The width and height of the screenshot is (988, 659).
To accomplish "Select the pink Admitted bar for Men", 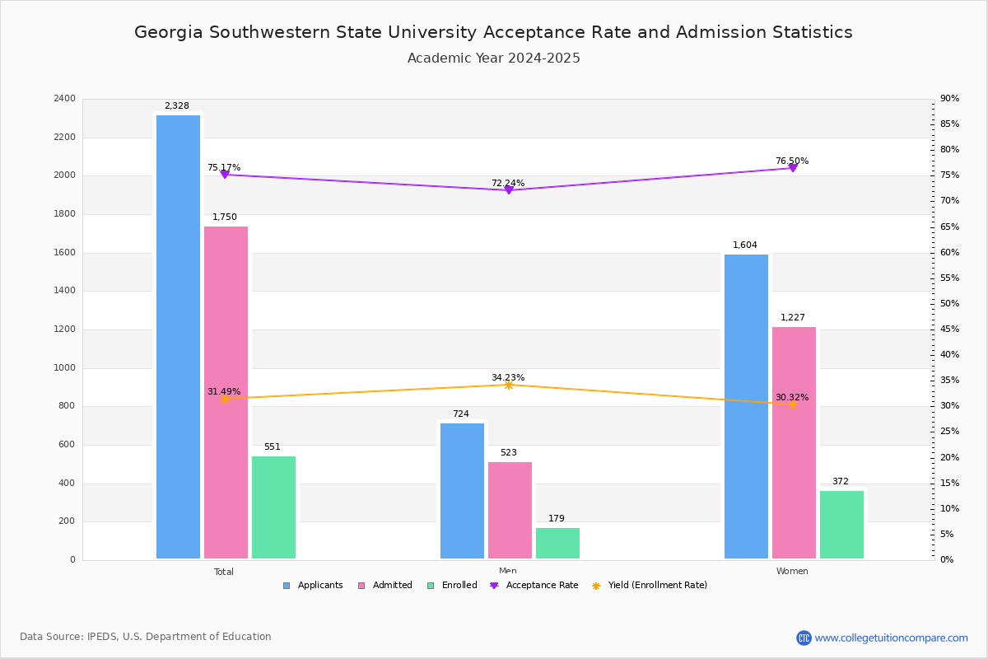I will click(510, 510).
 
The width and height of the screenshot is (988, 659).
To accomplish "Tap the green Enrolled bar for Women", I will click(841, 525).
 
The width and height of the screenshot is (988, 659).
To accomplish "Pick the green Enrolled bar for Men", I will click(557, 543).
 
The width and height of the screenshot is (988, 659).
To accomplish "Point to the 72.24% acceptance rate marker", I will click(509, 190).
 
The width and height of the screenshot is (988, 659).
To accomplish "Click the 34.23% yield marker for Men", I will click(509, 385).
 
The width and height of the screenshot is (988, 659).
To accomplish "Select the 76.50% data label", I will click(791, 161).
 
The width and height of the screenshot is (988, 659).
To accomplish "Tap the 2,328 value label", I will click(176, 106).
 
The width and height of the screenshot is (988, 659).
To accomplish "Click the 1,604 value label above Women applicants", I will click(744, 245).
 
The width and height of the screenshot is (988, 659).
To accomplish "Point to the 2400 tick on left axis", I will click(64, 99).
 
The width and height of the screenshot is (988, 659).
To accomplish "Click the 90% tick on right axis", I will click(949, 99).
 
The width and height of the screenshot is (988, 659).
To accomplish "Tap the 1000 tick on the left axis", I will click(64, 368).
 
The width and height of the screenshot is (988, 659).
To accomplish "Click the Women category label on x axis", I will click(791, 572).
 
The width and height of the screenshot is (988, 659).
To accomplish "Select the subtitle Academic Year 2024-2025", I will click(493, 58).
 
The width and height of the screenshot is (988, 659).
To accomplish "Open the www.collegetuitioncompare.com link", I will click(891, 638).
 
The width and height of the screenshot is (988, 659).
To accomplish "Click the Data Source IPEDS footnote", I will click(146, 637).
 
